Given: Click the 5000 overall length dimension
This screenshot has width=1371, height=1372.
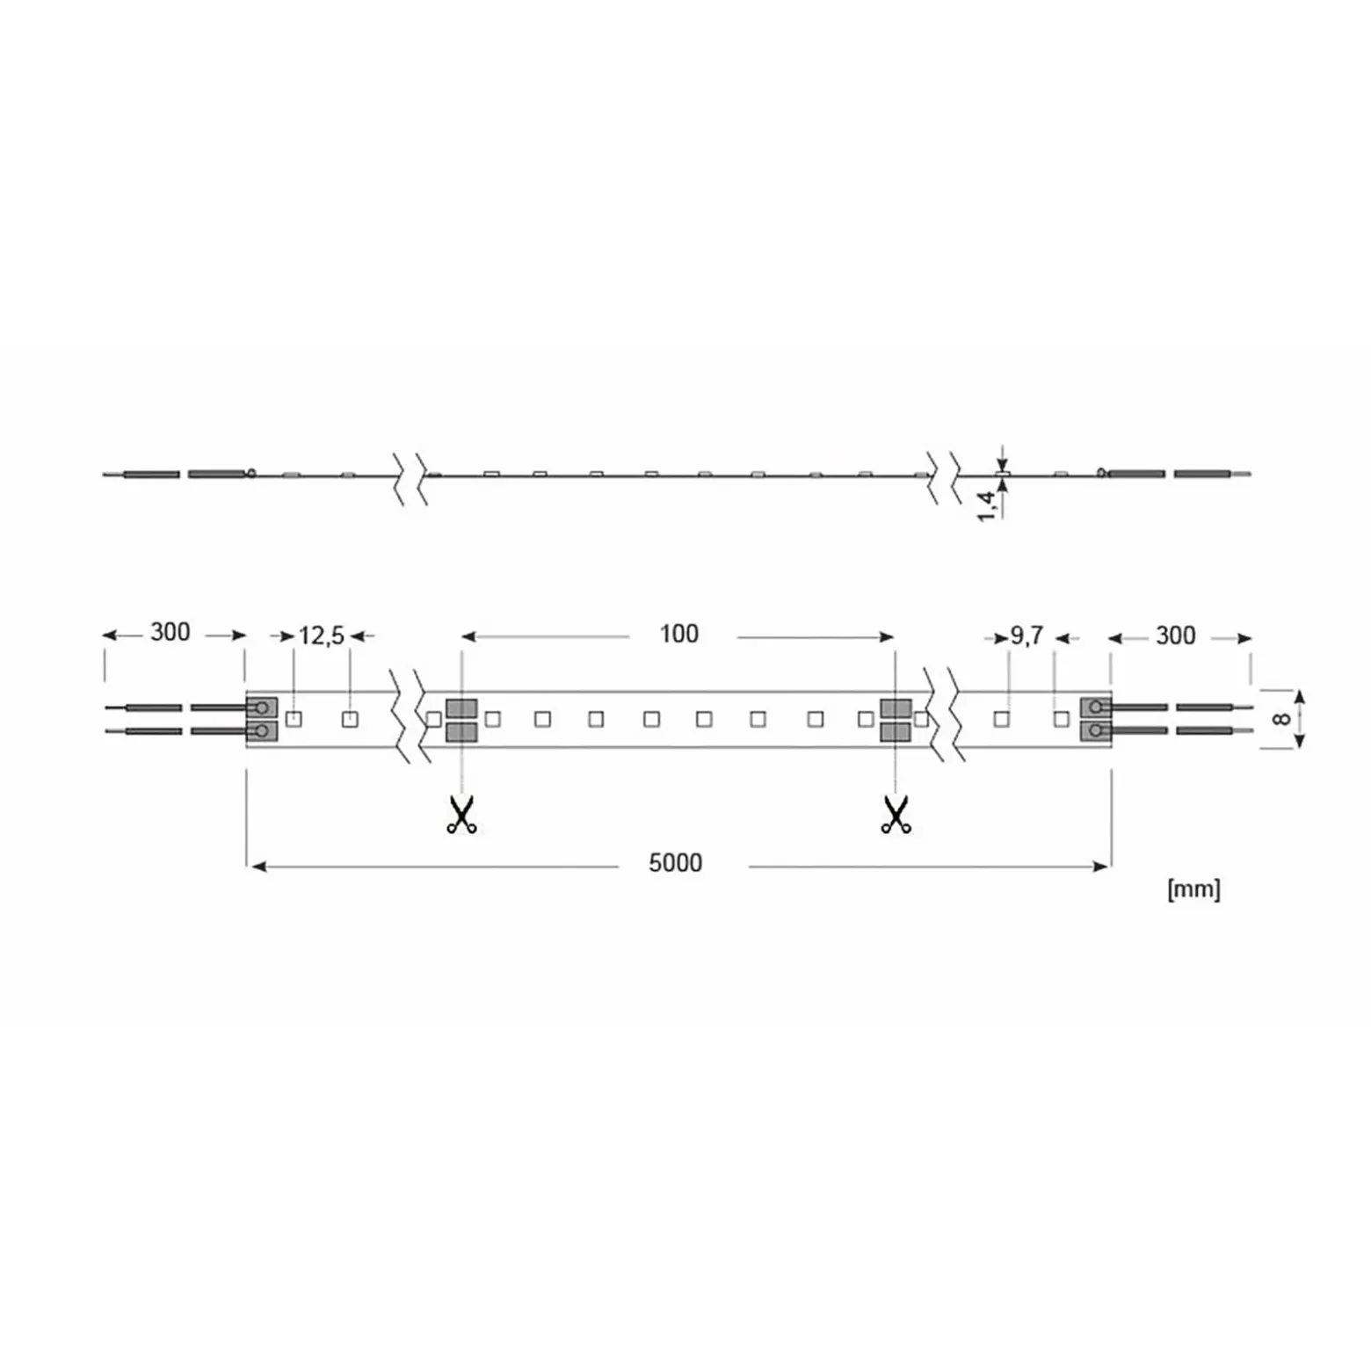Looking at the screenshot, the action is click(x=675, y=863).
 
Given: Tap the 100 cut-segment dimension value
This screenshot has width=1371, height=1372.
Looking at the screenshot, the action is click(x=678, y=634).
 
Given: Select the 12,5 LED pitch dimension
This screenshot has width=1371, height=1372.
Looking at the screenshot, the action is click(x=322, y=635).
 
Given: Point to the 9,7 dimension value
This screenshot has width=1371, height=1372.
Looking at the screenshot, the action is click(x=1026, y=635).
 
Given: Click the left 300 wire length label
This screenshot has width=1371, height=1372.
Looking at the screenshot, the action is click(x=170, y=632).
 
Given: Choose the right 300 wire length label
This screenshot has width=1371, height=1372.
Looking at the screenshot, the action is click(x=1175, y=635).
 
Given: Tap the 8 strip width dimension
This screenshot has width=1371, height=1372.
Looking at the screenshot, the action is click(x=1281, y=719).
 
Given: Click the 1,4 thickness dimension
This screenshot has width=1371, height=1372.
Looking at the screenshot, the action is click(x=987, y=506).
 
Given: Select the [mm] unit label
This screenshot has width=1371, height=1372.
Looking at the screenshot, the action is click(x=1193, y=889).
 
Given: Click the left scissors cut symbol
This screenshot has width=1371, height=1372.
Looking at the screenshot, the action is click(x=461, y=815).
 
